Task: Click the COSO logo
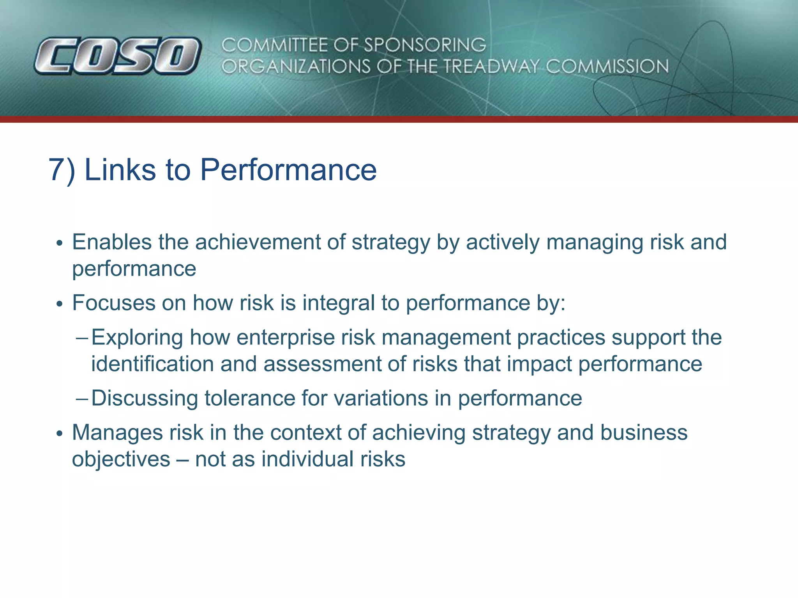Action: (x=117, y=56)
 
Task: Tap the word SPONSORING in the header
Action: (x=425, y=45)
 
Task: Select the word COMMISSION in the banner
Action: (x=607, y=67)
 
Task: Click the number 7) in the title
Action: (x=62, y=170)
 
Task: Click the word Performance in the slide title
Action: (x=288, y=170)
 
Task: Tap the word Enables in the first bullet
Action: (x=112, y=242)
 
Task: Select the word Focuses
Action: (x=114, y=303)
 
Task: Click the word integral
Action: (x=339, y=303)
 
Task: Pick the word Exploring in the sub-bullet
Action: (x=137, y=338)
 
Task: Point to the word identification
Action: (x=152, y=364)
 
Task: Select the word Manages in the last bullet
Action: (x=117, y=433)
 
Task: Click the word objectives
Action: (x=121, y=459)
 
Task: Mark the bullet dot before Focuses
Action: (x=59, y=304)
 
